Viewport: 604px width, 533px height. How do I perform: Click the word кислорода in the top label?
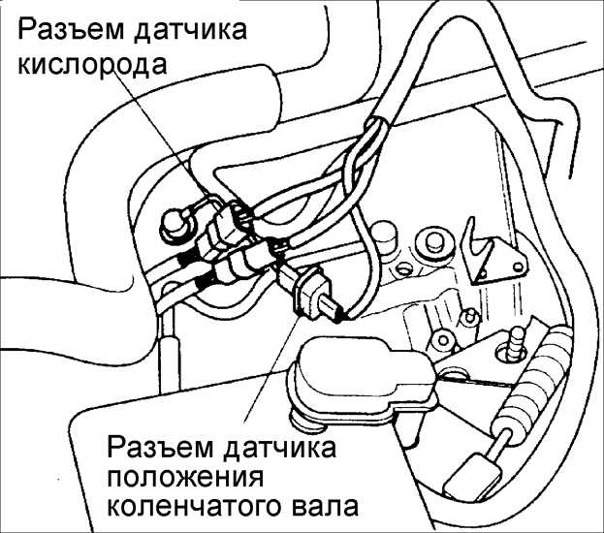pyautogui.click(x=92, y=66)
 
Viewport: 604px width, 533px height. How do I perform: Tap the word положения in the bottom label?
pyautogui.click(x=185, y=478)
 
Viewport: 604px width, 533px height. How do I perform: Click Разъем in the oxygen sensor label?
pyautogui.click(x=71, y=30)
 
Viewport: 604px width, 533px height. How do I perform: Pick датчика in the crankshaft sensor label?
pyautogui.click(x=279, y=448)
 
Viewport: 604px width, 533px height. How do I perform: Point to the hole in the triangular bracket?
pyautogui.click(x=517, y=266)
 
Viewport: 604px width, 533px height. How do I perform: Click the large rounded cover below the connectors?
pyautogui.click(x=362, y=381)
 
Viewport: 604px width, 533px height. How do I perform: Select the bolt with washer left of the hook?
pyautogui.click(x=433, y=243)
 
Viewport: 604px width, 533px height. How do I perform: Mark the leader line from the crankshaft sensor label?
pyautogui.click(x=272, y=368)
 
